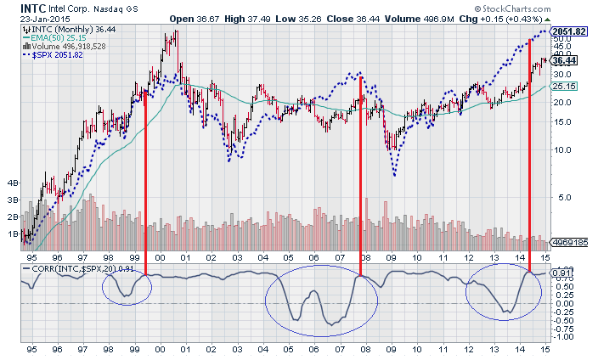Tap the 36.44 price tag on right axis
pos(564,60)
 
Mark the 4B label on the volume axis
pos(13,183)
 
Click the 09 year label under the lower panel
pos(391,348)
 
